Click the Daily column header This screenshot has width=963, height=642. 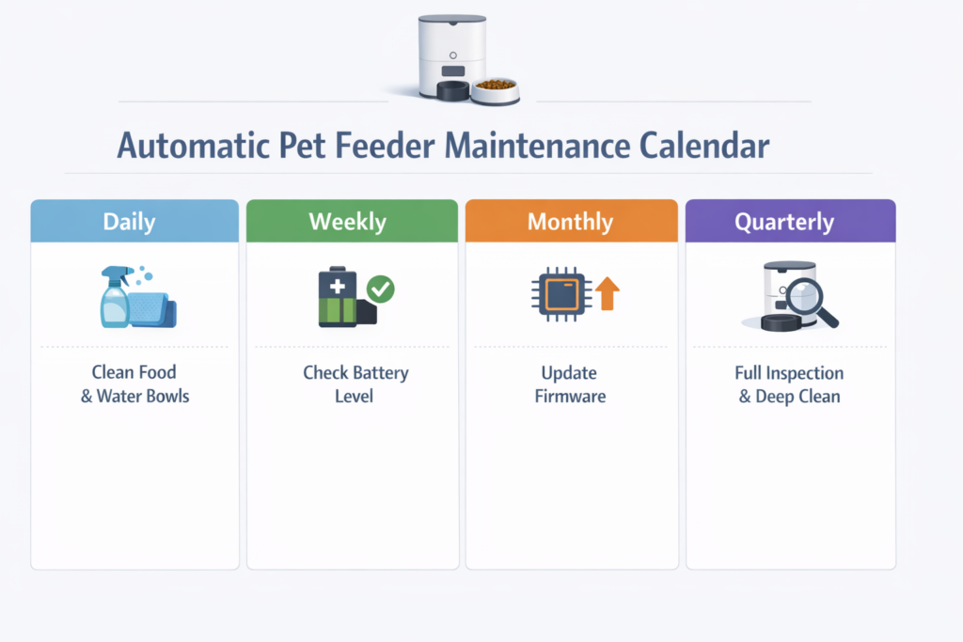coord(134,221)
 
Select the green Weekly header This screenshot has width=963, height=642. coord(352,221)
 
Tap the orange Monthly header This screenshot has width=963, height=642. coord(571,221)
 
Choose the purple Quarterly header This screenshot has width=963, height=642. coord(790,221)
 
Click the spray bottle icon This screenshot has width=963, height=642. coord(116,297)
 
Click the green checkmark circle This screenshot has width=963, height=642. coord(381,290)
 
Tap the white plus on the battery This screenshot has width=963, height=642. coord(338,286)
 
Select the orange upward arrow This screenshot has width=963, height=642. coord(608,293)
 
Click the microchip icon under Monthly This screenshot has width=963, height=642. coord(562,294)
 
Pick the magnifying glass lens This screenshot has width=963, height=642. coord(804,296)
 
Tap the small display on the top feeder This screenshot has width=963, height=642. coord(452,71)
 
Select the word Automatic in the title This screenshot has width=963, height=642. coord(194,146)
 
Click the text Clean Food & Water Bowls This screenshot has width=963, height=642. coord(134,384)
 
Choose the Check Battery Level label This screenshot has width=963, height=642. coord(355,384)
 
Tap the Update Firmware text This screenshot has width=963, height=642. coord(570,384)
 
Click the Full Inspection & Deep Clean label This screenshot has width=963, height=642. coord(789,384)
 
